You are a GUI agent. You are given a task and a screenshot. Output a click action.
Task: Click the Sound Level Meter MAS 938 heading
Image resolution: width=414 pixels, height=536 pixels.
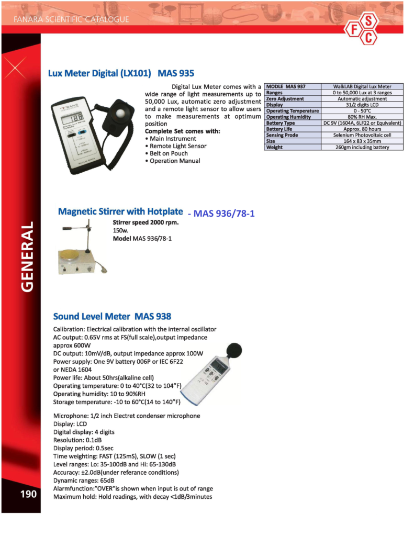(x=112, y=316)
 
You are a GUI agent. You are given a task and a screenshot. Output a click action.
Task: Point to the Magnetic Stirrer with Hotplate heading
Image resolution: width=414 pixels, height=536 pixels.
(x=120, y=212)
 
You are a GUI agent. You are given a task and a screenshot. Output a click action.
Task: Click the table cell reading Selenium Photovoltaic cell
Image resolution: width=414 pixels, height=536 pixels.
(x=362, y=135)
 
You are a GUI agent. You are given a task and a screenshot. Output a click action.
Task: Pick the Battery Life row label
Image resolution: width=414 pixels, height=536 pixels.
(x=279, y=129)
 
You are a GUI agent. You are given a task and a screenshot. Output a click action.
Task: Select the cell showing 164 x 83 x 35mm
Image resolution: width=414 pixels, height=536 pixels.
(x=362, y=141)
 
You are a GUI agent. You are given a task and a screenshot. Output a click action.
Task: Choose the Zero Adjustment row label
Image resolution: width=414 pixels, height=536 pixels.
(x=285, y=98)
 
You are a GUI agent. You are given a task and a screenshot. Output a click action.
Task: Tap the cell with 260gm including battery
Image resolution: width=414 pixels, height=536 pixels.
(x=362, y=148)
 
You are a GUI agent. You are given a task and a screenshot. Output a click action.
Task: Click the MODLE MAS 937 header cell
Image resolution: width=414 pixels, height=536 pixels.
(x=286, y=86)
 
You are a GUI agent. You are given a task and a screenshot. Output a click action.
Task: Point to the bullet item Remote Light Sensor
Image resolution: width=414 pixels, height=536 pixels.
(x=178, y=146)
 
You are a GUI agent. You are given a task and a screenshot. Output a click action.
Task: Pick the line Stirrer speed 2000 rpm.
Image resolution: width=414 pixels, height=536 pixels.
(x=146, y=222)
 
